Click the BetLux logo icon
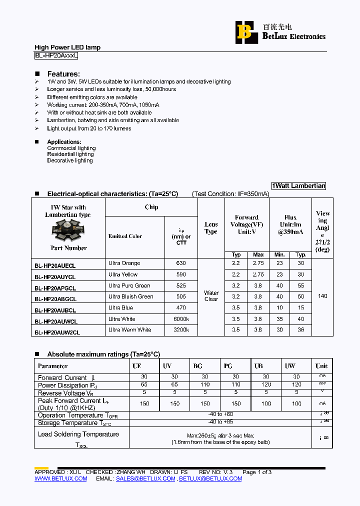pos(245,31)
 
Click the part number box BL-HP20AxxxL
pos(56,56)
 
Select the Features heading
pos(63,73)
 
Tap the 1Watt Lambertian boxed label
pos(299,185)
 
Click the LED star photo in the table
pos(68,231)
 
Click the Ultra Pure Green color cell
pos(129,285)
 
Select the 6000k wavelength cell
pos(181,318)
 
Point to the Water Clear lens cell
pos(211,296)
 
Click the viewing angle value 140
pos(322,296)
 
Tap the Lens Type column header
pos(211,228)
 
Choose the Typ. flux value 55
pos(301,285)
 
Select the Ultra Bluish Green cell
pos(130,296)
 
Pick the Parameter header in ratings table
pos(53,366)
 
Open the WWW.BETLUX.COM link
pos(60,478)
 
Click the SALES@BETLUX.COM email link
pos(145,478)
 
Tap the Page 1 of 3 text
pos(257,472)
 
